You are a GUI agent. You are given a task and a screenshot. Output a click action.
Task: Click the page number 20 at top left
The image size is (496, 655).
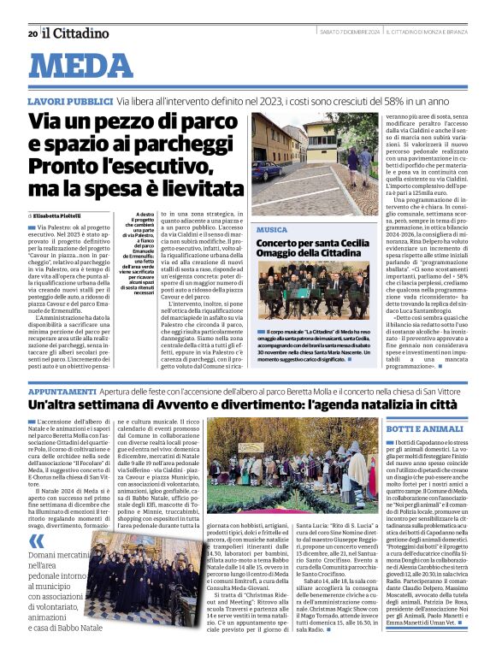(x=32, y=33)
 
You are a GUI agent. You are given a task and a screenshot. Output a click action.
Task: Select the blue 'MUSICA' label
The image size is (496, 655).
(x=272, y=231)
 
